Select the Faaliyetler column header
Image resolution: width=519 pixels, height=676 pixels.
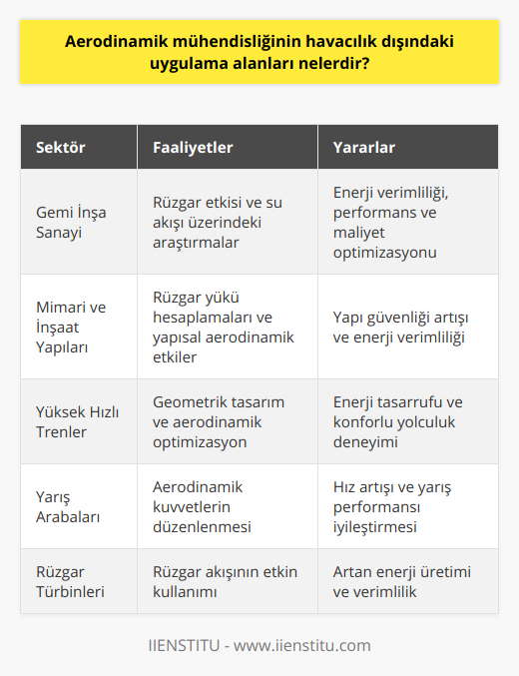pos(194,147)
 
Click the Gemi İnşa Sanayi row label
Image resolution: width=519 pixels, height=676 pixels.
pos(71,221)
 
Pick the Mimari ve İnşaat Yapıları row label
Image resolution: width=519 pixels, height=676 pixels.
pos(68,327)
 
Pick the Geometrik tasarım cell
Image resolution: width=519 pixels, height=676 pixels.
pos(219,420)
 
